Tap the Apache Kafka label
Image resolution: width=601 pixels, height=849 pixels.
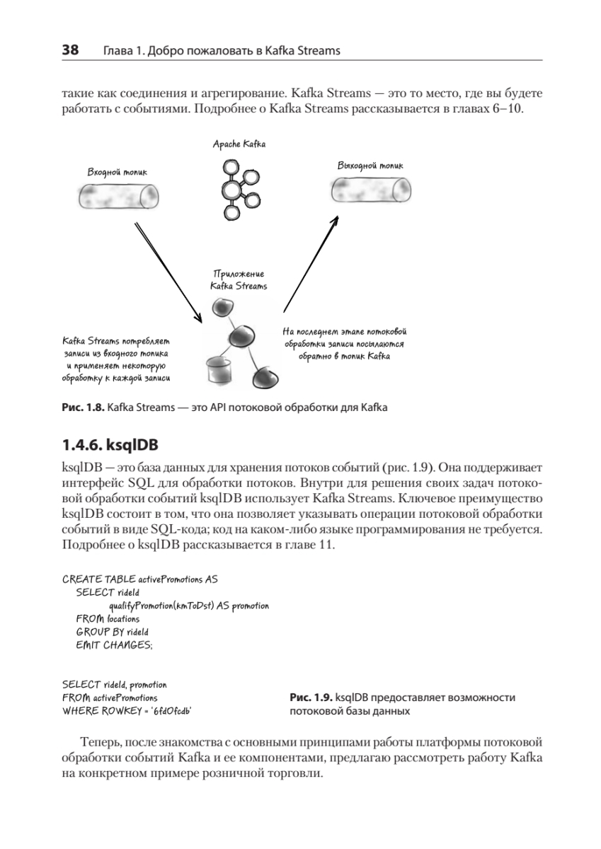(x=239, y=144)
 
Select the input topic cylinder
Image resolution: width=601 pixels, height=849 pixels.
(x=118, y=196)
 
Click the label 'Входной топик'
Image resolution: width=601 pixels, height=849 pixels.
(x=118, y=171)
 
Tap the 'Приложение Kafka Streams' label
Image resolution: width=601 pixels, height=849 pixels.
(x=239, y=280)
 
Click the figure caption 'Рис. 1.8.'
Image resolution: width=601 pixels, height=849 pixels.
(x=84, y=408)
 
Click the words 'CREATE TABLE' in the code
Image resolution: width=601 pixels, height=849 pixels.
(x=89, y=579)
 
